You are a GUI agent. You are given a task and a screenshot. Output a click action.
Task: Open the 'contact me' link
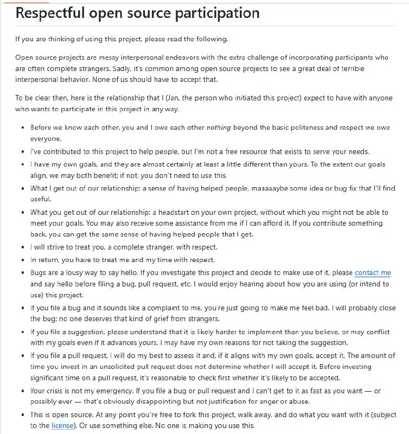pos(373,273)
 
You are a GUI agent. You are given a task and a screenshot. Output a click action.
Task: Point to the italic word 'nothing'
pos(216,127)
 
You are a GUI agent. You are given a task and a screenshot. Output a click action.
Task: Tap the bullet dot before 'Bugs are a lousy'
pos(22,273)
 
